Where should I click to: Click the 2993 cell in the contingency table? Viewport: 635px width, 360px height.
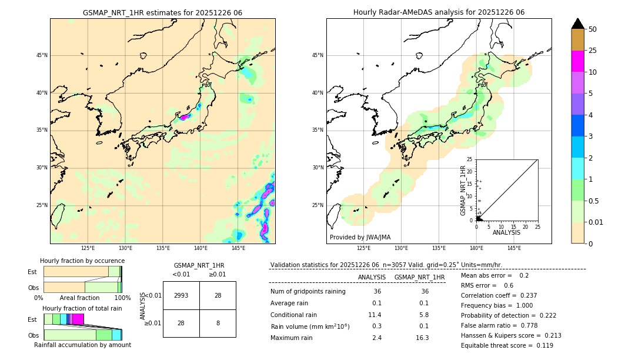[x=181, y=295]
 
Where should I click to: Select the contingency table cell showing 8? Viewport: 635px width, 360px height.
[x=218, y=323]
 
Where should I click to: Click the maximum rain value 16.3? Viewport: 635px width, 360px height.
[x=422, y=338]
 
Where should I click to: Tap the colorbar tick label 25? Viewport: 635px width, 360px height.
[x=593, y=51]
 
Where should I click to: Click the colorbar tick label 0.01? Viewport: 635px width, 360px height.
[x=596, y=222]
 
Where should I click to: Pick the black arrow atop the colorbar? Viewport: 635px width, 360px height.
[x=577, y=24]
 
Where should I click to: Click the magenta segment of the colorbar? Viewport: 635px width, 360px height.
[x=577, y=61]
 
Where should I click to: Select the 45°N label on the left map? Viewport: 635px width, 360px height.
[x=42, y=55]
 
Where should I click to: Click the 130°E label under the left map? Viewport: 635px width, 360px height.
[x=125, y=248]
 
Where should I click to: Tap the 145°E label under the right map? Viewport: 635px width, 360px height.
[x=514, y=248]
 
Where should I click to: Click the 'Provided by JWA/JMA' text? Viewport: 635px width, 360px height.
[x=360, y=238]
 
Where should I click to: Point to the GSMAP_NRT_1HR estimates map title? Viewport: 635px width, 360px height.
[x=162, y=12]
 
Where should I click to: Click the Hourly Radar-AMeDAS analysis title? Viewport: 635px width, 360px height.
[x=439, y=12]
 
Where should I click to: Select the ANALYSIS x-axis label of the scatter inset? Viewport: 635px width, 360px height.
[x=506, y=232]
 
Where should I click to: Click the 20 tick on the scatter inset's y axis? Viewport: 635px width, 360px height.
[x=470, y=171]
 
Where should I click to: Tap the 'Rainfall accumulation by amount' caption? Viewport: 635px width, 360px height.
[x=82, y=345]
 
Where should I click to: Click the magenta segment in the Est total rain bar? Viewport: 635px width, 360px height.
[x=78, y=319]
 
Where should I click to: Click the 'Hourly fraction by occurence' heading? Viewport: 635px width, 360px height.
[x=82, y=261]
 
